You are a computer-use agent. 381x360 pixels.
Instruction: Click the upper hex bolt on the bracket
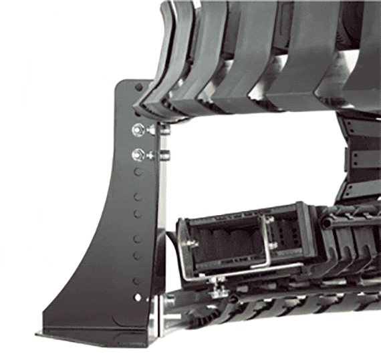tap(139, 129)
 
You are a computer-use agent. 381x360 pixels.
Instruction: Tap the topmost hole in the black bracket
tap(138, 87)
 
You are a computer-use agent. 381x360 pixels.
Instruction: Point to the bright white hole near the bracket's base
tap(138, 297)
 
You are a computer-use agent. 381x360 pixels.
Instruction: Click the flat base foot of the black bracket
tap(94, 331)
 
